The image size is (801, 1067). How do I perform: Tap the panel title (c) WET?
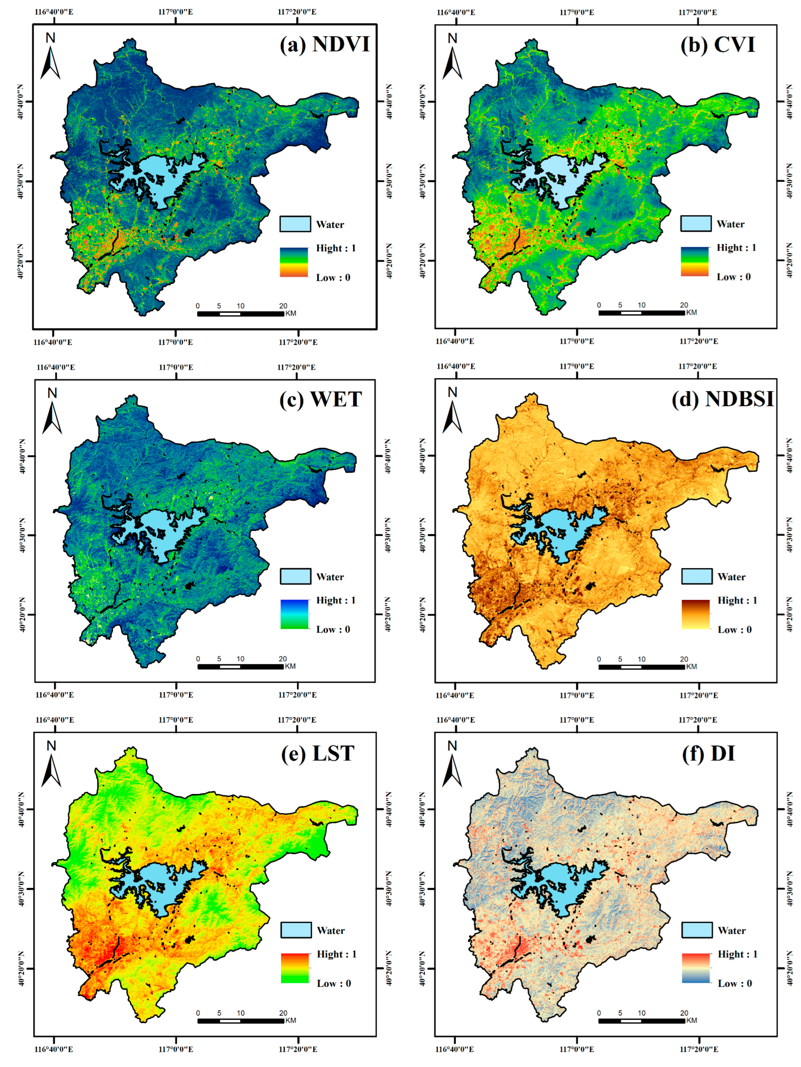pos(320,399)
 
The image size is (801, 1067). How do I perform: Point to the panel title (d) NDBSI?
pos(722,399)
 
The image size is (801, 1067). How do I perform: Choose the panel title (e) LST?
pos(318,753)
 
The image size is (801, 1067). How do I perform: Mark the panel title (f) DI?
pos(708,753)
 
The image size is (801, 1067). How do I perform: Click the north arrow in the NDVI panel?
pos(50,57)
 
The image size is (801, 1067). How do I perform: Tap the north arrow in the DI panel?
pos(452,765)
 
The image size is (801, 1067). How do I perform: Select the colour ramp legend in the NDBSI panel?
pos(695,614)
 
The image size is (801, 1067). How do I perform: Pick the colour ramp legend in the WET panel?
pos(294,614)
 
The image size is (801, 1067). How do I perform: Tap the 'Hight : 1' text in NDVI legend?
pos(336,248)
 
